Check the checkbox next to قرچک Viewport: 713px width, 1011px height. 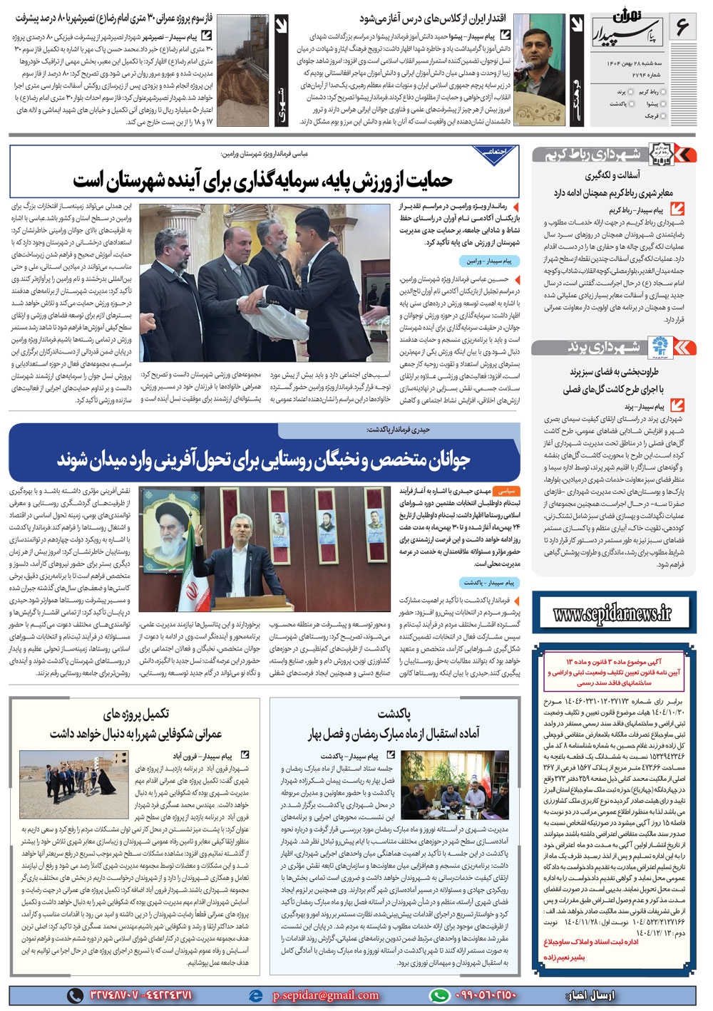[667, 115]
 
